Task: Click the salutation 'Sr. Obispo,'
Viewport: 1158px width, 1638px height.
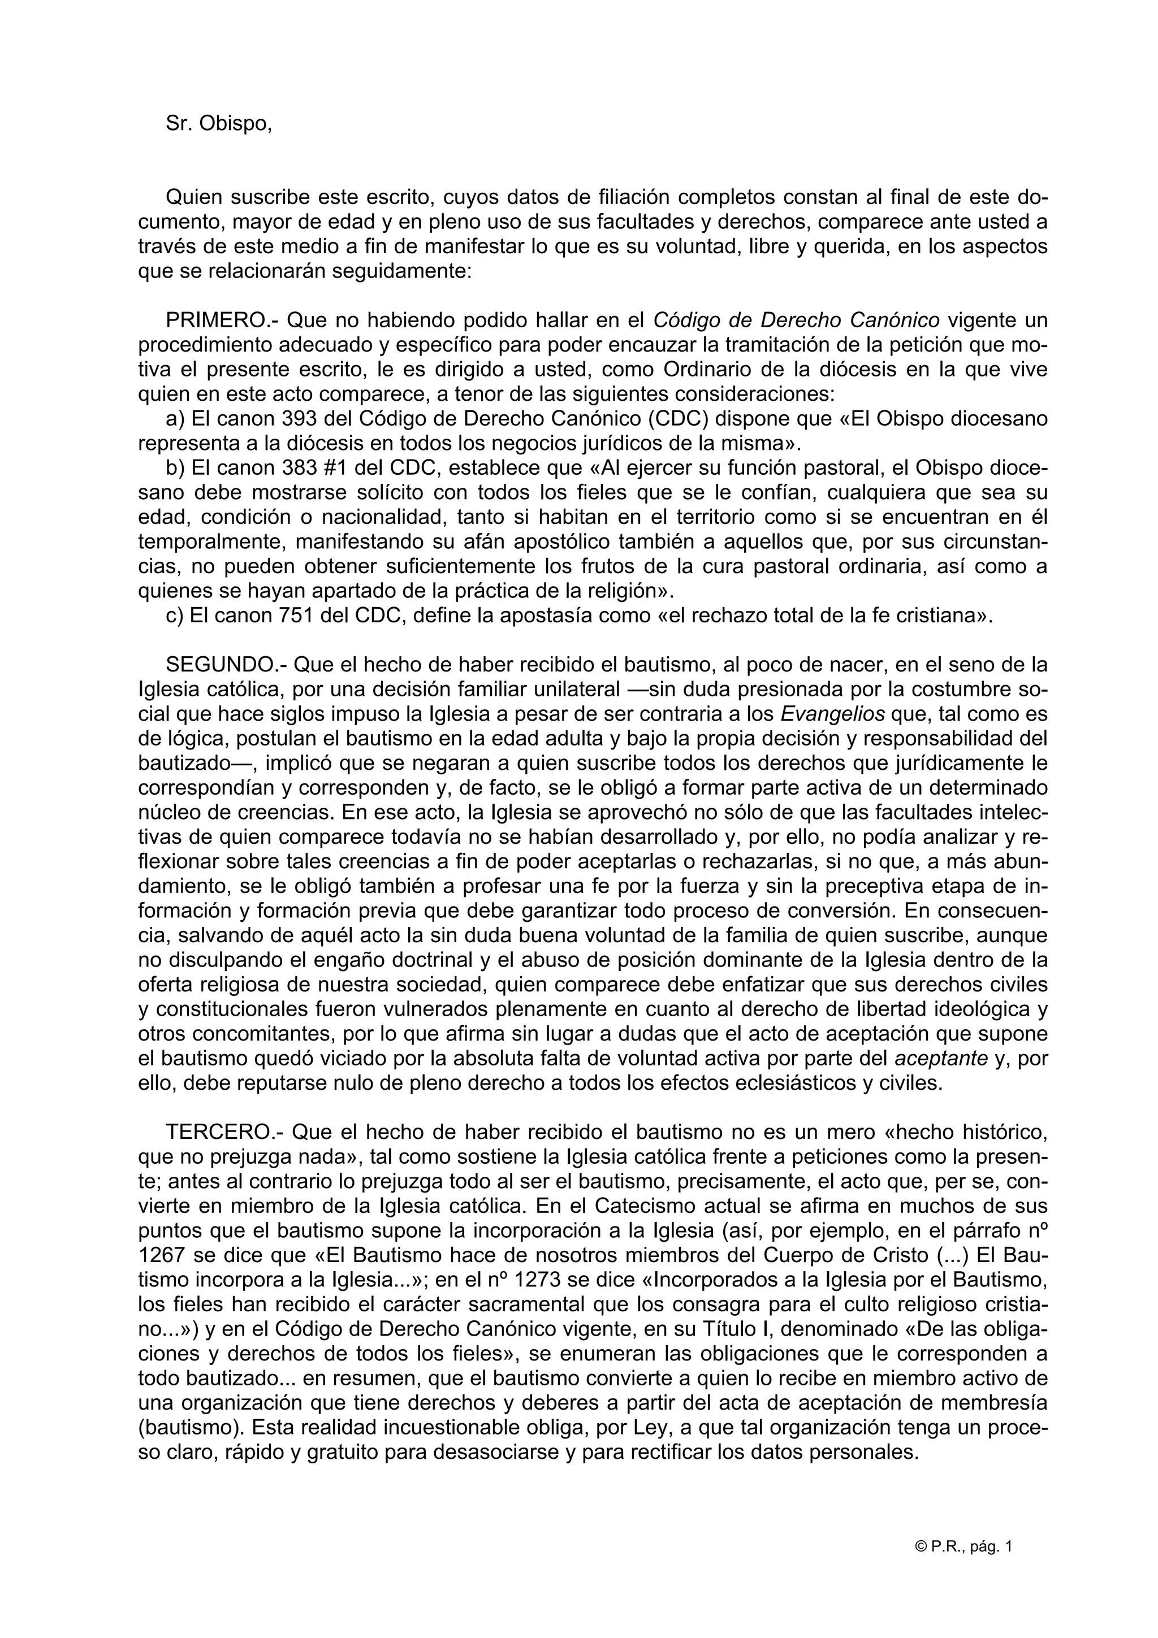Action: tap(218, 123)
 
